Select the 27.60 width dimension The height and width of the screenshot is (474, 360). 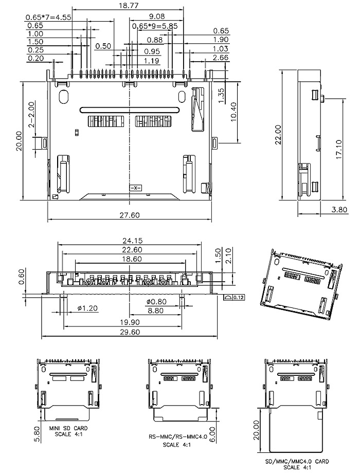click(130, 215)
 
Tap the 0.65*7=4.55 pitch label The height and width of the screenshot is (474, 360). click(48, 17)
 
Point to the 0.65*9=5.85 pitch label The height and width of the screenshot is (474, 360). click(155, 26)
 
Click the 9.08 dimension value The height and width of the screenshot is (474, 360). click(157, 16)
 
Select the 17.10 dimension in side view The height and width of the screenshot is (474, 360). click(338, 149)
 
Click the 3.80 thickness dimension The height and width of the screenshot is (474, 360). click(339, 209)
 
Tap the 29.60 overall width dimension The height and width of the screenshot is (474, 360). click(130, 332)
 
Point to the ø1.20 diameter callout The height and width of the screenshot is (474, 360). click(87, 308)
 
